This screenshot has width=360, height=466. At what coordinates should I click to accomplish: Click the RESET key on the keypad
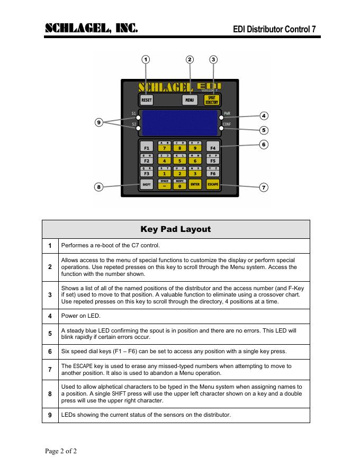pos(147,100)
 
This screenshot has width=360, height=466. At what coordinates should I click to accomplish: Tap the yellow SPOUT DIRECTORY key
pos(212,100)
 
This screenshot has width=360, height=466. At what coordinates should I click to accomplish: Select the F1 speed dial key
pos(147,148)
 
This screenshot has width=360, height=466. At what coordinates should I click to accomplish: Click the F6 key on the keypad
pos(213,173)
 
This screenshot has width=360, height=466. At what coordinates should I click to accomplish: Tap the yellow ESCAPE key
pos(213,184)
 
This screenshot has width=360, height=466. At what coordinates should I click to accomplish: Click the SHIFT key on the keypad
pos(147,184)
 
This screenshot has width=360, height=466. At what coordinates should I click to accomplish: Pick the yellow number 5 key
pos(180,160)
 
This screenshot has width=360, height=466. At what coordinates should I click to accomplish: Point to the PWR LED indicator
pos(221,118)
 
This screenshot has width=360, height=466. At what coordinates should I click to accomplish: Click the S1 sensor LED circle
pos(138,118)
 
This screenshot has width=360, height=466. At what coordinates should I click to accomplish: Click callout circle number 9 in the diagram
pos(98,123)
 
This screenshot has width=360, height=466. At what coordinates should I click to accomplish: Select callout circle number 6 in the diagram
pos(264,144)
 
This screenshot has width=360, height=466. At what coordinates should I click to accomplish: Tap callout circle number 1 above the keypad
pos(146,59)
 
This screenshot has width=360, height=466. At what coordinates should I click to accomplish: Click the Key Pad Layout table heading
pos(176,229)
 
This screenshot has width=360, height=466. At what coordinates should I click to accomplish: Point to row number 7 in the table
pos(50,369)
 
